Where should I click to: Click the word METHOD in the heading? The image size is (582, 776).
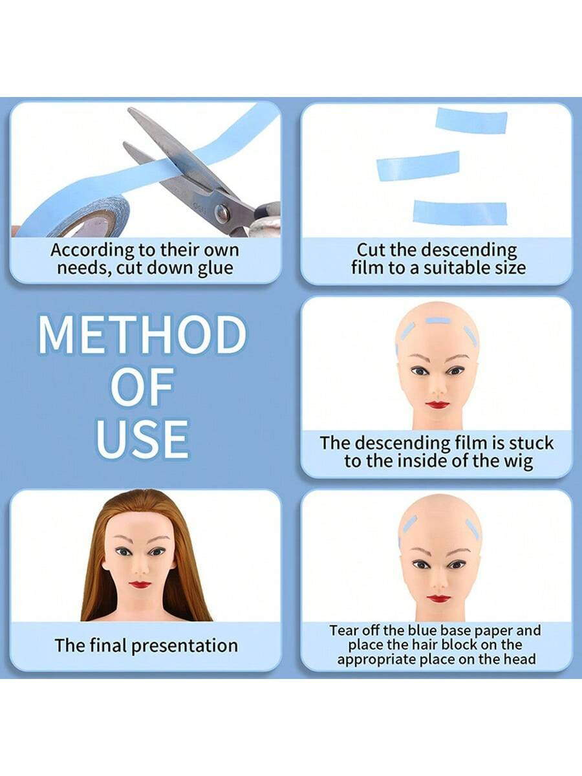pos(142,334)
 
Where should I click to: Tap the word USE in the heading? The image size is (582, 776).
pos(142,439)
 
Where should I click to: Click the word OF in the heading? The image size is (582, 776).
pos(142,387)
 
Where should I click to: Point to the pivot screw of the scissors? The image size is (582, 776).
pos(221,214)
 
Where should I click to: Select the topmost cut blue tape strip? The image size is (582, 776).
pos(471,121)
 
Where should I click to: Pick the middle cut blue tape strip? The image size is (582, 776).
pos(418,166)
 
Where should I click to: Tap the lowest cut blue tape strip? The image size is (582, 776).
pos(460,212)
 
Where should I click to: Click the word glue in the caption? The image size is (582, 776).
pos(215,268)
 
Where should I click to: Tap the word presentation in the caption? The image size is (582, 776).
pos(184,646)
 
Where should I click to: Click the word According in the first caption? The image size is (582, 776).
pos(92,251)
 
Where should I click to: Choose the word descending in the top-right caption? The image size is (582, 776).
pos(469,251)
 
